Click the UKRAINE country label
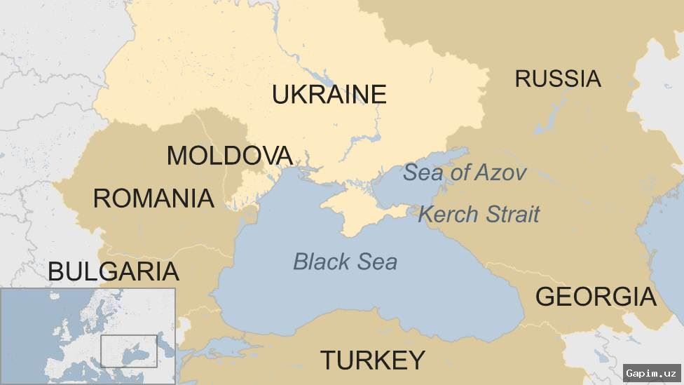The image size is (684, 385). (329, 94)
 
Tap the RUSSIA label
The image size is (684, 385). (558, 79)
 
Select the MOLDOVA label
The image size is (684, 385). (229, 156)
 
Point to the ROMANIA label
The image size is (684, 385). (153, 198)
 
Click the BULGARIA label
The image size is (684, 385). (113, 271)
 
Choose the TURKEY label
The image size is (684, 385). (373, 360)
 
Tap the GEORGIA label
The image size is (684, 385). (596, 297)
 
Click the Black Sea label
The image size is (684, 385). (345, 262)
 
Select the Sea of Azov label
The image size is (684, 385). (465, 173)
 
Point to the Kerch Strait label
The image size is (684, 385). (479, 214)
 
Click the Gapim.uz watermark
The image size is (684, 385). (651, 372)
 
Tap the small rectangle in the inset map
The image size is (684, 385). (128, 351)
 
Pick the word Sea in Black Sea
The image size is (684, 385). (377, 262)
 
